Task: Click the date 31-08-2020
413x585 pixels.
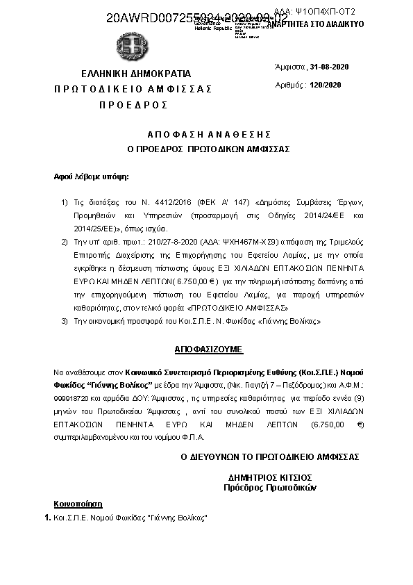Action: pyautogui.click(x=330, y=66)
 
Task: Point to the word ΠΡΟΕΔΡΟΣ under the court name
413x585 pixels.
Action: pyautogui.click(x=133, y=104)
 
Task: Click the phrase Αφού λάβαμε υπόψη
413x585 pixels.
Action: pyautogui.click(x=92, y=177)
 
